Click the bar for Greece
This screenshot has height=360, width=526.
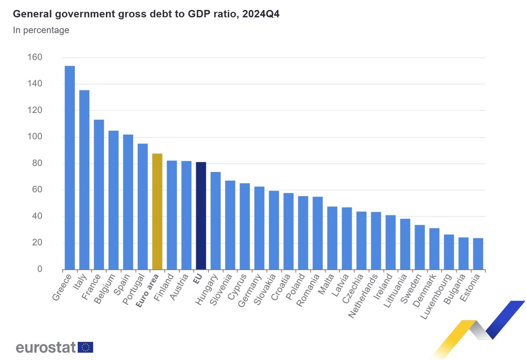coord(69,168)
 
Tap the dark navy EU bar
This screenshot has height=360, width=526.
coord(200,215)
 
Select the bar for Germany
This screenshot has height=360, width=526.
coord(259,228)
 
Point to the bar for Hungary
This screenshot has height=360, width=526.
coord(215,221)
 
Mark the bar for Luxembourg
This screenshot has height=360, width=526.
coord(449,252)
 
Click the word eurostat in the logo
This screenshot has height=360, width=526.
coord(46,347)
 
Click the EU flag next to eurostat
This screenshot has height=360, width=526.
coord(86,347)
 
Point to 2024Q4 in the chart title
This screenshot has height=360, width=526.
coord(260,14)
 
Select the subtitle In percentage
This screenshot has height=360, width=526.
coord(41,30)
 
